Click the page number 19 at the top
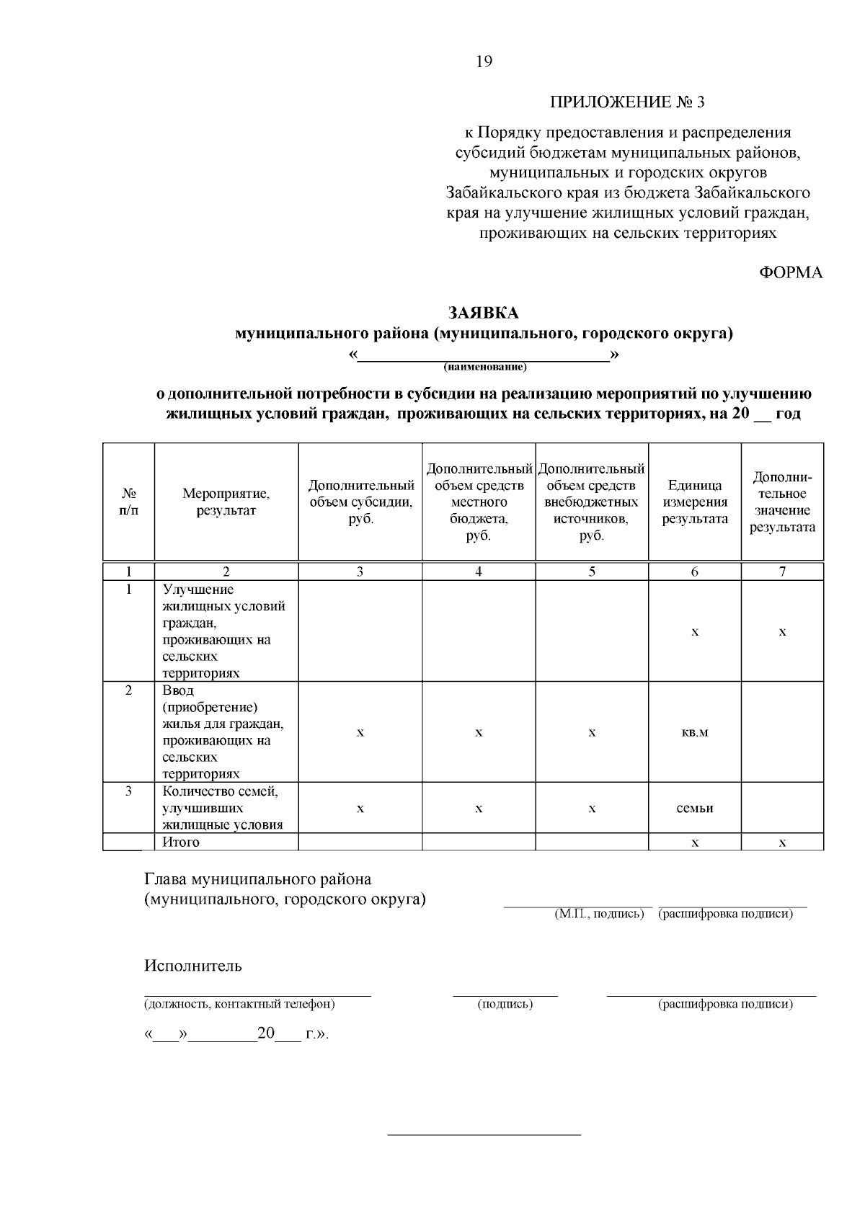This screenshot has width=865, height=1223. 484,62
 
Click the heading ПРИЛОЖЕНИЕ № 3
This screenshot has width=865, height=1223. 627,102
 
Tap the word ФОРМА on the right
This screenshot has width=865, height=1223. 791,273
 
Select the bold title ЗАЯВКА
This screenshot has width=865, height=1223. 484,313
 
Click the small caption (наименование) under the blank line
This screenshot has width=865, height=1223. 485,368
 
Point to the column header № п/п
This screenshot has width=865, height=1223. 128,502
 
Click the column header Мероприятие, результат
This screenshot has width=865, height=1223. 226,502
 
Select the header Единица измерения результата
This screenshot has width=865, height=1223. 694,502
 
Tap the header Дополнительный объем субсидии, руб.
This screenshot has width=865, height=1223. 360,502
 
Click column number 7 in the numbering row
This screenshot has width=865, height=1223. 782,572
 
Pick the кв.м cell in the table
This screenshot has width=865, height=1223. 694,733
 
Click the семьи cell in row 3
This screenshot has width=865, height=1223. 694,809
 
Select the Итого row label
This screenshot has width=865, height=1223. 181,842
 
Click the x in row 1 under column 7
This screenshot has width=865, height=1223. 782,632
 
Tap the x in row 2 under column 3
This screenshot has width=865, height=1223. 360,733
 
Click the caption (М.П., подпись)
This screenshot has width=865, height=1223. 598,915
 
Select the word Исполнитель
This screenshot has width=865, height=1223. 193,966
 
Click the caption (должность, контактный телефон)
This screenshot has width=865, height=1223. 239,1005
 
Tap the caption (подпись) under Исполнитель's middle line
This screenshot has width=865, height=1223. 505,1005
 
